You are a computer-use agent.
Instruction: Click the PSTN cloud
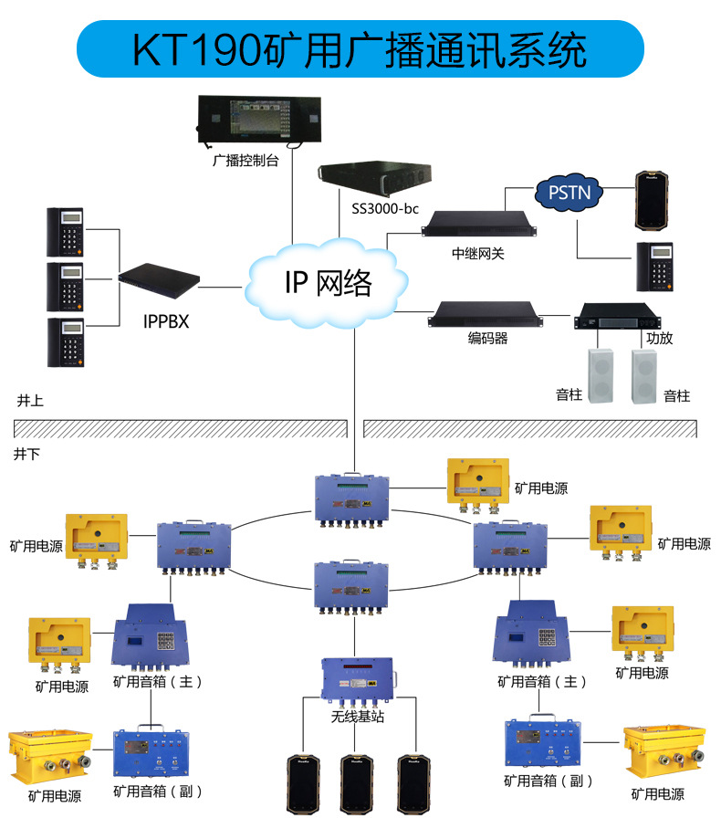point(569,192)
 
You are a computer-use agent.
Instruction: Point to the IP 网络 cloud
point(329,283)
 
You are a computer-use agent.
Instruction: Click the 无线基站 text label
point(357,717)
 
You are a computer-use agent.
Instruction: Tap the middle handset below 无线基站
point(357,781)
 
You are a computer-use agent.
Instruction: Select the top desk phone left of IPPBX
point(65,232)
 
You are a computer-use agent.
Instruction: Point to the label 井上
point(30,401)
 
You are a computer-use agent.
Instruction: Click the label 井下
point(28,452)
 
